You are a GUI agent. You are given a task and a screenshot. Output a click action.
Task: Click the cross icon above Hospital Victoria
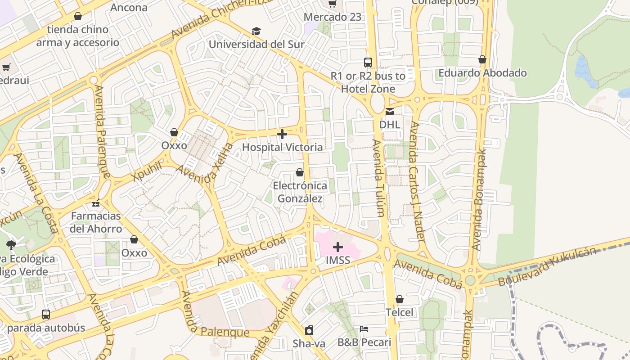click(282, 134)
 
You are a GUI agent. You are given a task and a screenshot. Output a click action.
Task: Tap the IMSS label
click(338, 260)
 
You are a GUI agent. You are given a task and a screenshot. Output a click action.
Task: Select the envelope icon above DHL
click(390, 112)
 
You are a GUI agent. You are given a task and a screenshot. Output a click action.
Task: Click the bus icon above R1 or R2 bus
click(368, 63)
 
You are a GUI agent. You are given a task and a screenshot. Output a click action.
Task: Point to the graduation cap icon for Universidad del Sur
click(256, 31)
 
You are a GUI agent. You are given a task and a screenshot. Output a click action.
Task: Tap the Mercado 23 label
click(333, 17)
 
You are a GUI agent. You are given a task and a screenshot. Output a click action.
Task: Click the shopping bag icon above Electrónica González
click(300, 172)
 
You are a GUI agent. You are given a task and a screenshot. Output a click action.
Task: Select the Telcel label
click(399, 312)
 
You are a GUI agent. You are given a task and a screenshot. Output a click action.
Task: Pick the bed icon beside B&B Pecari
click(364, 329)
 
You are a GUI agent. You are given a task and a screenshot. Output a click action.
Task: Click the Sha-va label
click(309, 344)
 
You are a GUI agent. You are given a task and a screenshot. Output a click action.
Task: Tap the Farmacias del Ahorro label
click(96, 222)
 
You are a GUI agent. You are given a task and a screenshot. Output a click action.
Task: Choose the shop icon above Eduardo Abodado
click(482, 59)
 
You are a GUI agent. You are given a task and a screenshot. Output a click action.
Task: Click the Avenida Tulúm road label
click(378, 178)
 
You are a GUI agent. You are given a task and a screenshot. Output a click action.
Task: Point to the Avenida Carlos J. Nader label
click(418, 182)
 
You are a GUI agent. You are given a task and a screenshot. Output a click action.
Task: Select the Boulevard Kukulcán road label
click(548, 267)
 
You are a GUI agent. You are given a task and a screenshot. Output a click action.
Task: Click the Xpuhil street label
click(147, 171)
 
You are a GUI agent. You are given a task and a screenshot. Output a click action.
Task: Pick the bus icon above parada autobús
click(46, 315)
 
